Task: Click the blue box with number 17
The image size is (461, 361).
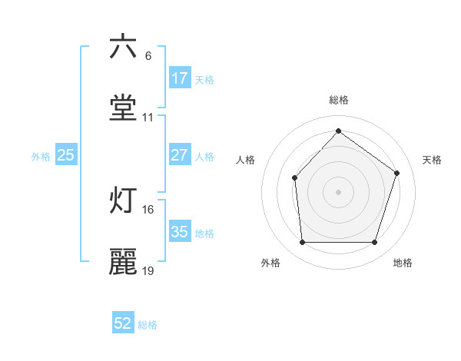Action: tap(180, 78)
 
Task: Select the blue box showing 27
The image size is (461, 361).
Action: tap(180, 155)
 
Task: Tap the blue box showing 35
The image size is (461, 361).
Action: tap(180, 232)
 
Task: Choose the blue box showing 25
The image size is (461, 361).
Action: tap(66, 155)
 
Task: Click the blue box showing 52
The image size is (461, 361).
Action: tap(123, 323)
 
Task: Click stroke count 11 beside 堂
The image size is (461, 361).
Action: tap(148, 118)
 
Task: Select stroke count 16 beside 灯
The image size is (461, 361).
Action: tap(148, 209)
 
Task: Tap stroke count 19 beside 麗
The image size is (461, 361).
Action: tap(148, 271)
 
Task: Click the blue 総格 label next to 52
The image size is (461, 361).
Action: tap(148, 325)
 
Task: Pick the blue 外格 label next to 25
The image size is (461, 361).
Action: tap(41, 157)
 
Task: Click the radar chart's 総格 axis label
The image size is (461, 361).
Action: tap(339, 100)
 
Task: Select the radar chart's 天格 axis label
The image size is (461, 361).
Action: tap(432, 160)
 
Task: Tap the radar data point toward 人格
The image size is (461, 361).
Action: tap(295, 177)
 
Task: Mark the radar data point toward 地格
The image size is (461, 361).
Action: tap(374, 243)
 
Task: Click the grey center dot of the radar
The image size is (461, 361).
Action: tap(338, 191)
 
